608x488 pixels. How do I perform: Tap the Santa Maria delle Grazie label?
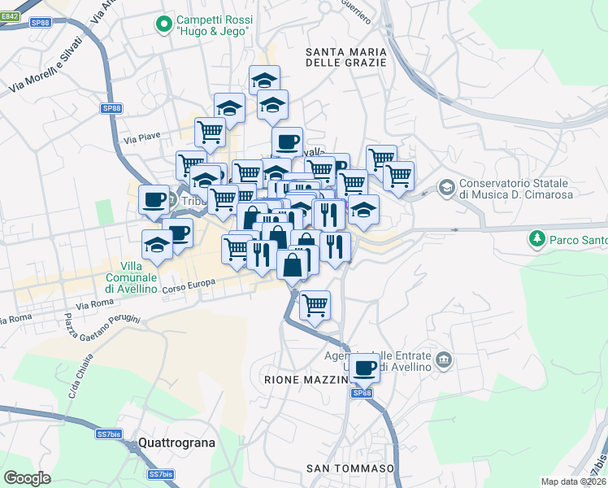(345, 56)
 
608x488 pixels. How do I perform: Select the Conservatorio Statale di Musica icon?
(445, 188)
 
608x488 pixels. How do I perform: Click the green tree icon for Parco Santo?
(536, 240)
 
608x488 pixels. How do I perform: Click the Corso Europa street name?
(188, 284)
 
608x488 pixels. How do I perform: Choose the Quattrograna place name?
(176, 443)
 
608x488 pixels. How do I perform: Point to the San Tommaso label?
(350, 468)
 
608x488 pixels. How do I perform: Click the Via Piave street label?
(141, 139)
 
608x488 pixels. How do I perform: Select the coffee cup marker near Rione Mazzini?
(366, 368)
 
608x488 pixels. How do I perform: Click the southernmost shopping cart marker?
(315, 306)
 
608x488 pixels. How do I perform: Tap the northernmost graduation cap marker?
(264, 80)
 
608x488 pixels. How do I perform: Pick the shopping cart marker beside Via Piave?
(211, 131)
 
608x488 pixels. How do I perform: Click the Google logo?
(27, 478)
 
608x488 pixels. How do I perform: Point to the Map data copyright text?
(574, 481)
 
